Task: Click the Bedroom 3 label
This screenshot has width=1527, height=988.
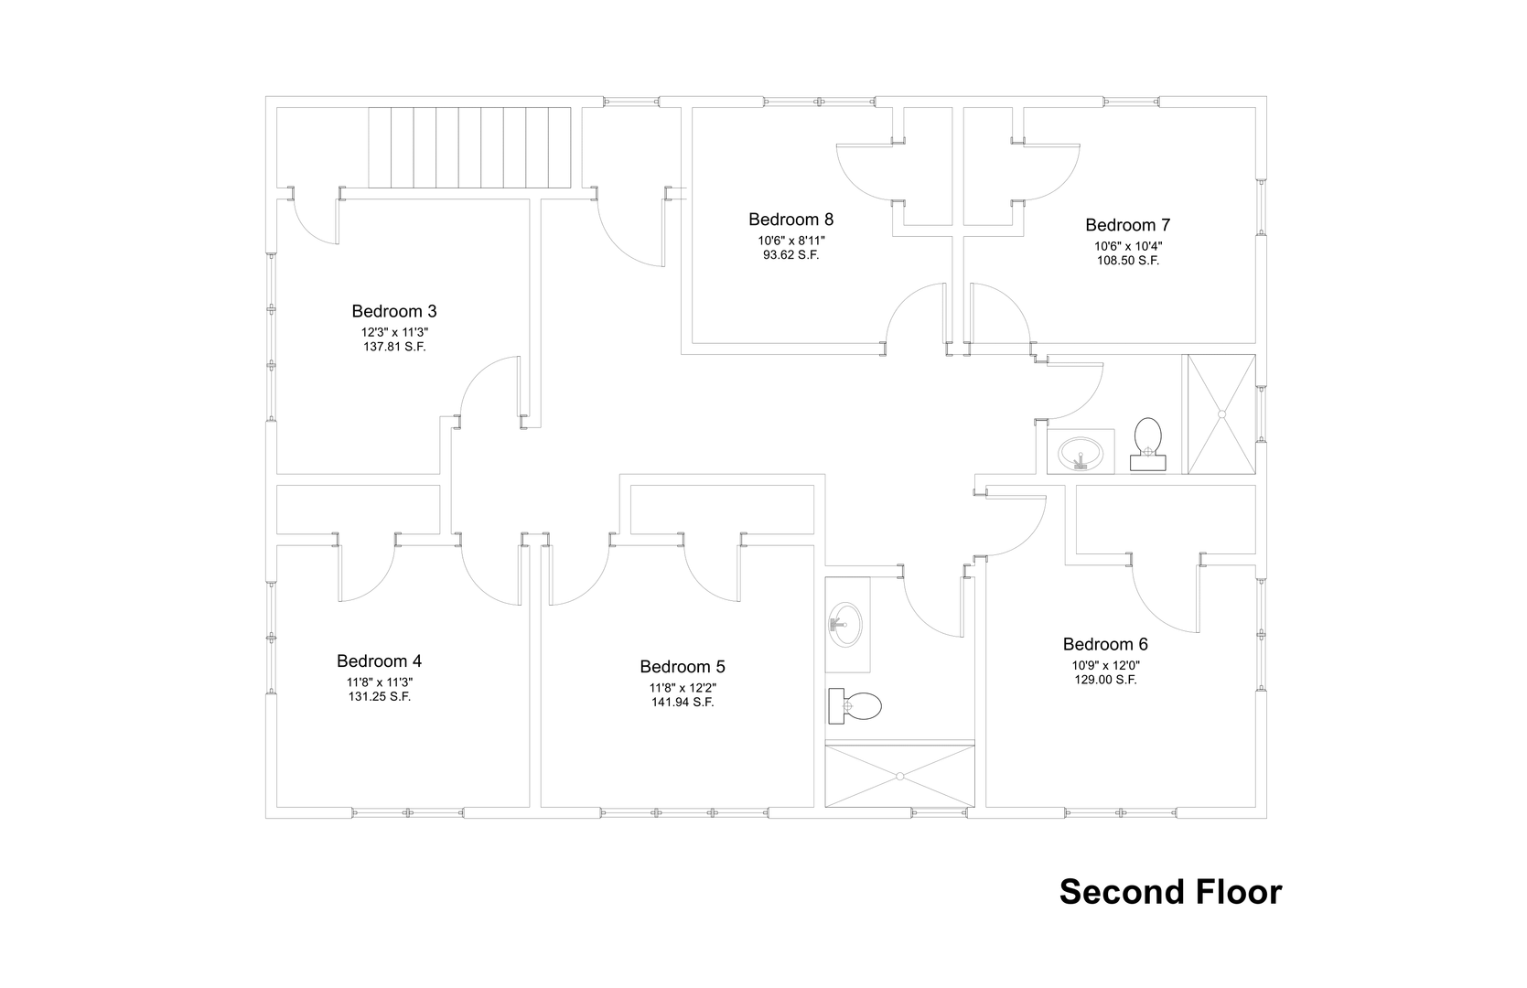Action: click(x=394, y=311)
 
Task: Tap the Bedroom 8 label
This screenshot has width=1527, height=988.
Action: click(x=790, y=219)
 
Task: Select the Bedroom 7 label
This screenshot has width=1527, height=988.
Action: click(x=1127, y=224)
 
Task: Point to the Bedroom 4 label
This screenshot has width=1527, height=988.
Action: click(x=379, y=660)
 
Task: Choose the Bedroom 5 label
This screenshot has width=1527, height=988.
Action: click(x=683, y=666)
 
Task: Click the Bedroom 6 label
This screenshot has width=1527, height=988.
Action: click(x=1105, y=644)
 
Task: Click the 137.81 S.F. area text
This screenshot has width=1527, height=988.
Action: click(x=394, y=347)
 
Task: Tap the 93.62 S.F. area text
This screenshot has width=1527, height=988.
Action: click(x=790, y=255)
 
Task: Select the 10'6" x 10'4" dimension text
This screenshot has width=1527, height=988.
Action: click(x=1128, y=246)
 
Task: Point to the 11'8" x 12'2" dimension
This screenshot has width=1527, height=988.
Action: click(x=683, y=688)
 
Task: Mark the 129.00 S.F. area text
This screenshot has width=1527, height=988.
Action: click(x=1106, y=680)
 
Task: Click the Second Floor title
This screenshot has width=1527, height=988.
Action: click(x=1170, y=892)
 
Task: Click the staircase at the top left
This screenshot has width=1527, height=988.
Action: click(x=469, y=147)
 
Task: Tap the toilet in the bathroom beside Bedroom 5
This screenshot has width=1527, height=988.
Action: click(x=855, y=705)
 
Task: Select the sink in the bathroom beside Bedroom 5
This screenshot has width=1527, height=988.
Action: click(x=846, y=625)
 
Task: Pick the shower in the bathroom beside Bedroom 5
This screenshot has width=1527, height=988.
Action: click(x=900, y=776)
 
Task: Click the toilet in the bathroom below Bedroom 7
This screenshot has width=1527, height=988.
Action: click(x=1148, y=444)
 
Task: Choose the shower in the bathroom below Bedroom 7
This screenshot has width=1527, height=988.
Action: click(x=1221, y=413)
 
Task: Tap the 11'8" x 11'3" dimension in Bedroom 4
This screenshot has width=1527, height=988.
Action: click(x=380, y=682)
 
